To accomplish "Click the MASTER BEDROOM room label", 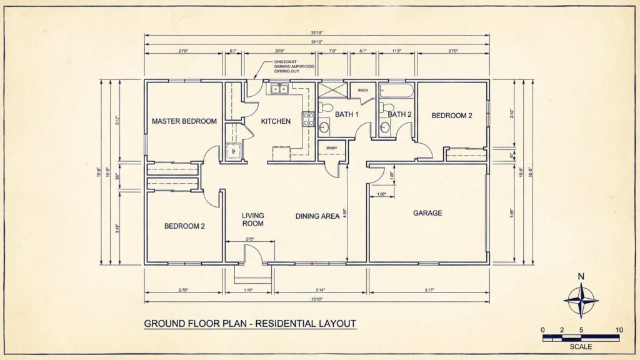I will (184, 121).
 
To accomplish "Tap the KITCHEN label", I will (276, 121).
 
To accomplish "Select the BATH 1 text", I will (347, 114).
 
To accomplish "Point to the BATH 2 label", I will (400, 114).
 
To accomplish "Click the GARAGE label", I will (427, 213).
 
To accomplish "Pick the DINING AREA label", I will (317, 216).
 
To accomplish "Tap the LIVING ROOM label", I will (253, 219).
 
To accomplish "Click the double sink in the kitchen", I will (279, 89).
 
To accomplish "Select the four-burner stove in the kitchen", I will (309, 118).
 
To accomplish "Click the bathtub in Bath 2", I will (396, 92).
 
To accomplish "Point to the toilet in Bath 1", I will (324, 107).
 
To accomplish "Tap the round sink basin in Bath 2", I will (385, 128).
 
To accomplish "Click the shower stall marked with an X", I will (332, 89).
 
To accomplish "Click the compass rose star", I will (581, 301).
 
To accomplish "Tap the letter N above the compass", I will (581, 277).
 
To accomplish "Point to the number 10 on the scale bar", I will (619, 330).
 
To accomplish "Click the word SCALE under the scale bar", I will (581, 346).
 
